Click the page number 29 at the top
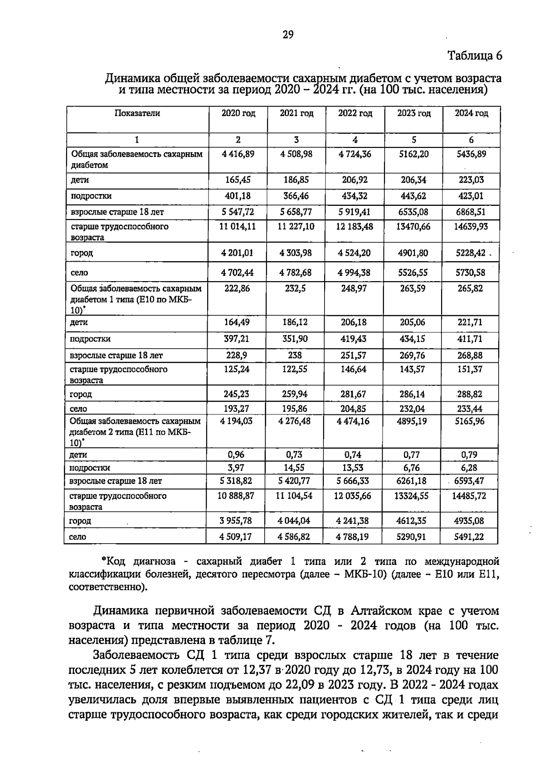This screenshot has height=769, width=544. click(x=288, y=34)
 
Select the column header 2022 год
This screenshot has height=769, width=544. click(x=355, y=113)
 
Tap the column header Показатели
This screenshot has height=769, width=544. click(x=137, y=113)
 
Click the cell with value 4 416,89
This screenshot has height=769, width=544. click(x=238, y=154)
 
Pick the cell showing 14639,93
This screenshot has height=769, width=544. click(x=471, y=226)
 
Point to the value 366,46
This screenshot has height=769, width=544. click(x=296, y=196)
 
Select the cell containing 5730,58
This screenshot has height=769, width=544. click(x=471, y=273)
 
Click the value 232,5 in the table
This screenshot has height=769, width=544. click(x=295, y=288)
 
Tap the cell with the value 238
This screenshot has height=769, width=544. click(x=295, y=355)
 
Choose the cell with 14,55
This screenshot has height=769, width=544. click(x=294, y=467)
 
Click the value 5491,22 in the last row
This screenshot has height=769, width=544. click(x=469, y=537)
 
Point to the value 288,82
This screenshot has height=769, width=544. click(x=470, y=394)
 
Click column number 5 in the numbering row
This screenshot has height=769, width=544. click(x=413, y=140)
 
